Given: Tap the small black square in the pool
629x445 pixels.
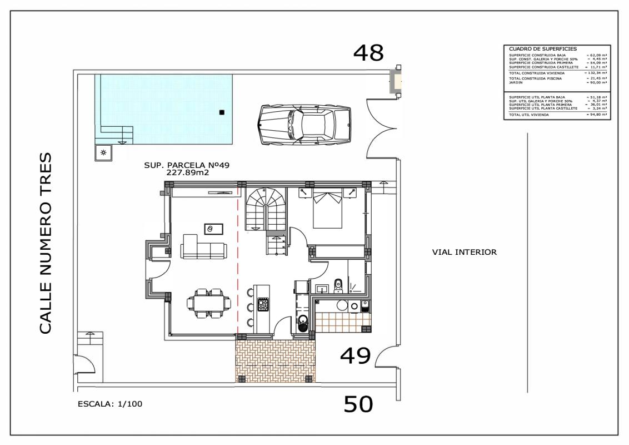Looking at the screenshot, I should click(x=222, y=112).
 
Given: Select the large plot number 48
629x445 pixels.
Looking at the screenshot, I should click(x=368, y=53).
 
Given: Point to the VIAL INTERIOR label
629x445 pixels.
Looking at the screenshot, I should click(x=464, y=252).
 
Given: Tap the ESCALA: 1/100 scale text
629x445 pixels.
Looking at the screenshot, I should click(x=111, y=404).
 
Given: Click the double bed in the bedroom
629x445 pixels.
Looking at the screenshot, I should click(x=327, y=209).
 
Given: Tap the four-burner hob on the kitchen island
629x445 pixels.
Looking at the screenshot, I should click(x=263, y=305).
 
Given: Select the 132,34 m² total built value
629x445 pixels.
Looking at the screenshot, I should click(x=596, y=73).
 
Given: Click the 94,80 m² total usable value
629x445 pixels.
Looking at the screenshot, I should click(x=596, y=115).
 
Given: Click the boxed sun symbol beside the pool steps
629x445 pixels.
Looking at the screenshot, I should click(x=103, y=152).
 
